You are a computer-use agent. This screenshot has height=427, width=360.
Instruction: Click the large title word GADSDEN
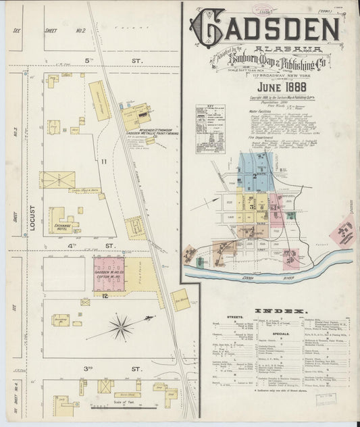pos(264,28)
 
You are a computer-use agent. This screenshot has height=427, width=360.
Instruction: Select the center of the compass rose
pos(121,328)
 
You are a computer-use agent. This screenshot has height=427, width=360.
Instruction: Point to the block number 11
pos(104,162)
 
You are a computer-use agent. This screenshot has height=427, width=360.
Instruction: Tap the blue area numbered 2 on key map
pos(255,173)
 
